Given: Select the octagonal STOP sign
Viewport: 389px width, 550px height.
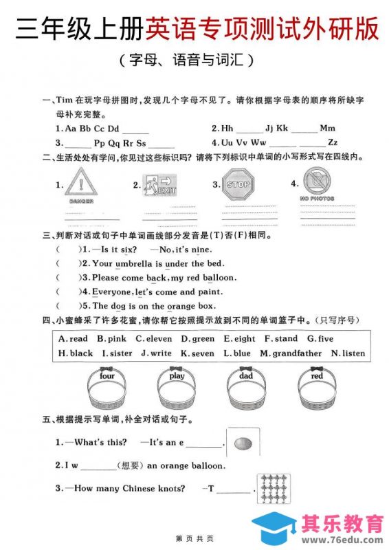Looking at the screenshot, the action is (238, 185).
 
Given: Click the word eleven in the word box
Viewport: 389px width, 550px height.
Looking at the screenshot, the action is (157, 339).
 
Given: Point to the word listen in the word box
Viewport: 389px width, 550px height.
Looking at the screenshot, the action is (352, 353).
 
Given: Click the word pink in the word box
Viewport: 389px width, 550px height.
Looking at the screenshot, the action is (115, 339).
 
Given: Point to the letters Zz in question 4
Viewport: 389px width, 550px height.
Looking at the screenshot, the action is (333, 142).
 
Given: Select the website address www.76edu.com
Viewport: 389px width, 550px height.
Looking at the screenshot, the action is (342, 538).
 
